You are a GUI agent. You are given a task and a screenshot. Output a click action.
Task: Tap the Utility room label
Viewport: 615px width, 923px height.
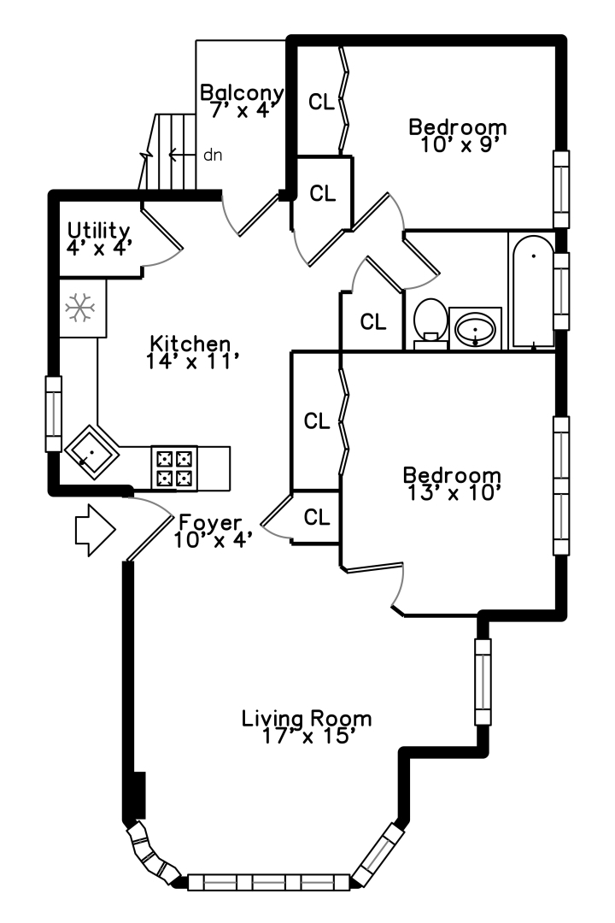pos(99,230)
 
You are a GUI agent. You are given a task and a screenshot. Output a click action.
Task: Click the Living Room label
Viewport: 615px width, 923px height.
pos(307,718)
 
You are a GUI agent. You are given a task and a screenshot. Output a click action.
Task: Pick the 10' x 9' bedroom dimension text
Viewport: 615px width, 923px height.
pos(459,144)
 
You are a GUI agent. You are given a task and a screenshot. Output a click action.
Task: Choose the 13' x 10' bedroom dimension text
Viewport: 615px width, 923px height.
pos(452,491)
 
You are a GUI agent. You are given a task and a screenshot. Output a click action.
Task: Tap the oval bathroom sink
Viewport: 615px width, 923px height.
pos(475,327)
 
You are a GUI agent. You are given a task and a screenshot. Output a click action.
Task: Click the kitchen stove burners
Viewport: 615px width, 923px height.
pos(174,467)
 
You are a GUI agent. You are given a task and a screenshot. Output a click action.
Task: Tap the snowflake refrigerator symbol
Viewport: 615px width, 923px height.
pos(81,308)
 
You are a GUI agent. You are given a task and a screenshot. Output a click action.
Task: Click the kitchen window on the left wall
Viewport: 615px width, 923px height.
pos(54,414)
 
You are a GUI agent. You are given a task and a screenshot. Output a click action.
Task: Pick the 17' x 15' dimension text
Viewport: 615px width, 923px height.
pos(307,735)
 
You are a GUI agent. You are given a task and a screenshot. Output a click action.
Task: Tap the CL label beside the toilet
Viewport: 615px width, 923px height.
pos(373,322)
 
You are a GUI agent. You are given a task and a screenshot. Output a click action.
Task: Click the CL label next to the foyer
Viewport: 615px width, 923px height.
pos(317,517)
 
